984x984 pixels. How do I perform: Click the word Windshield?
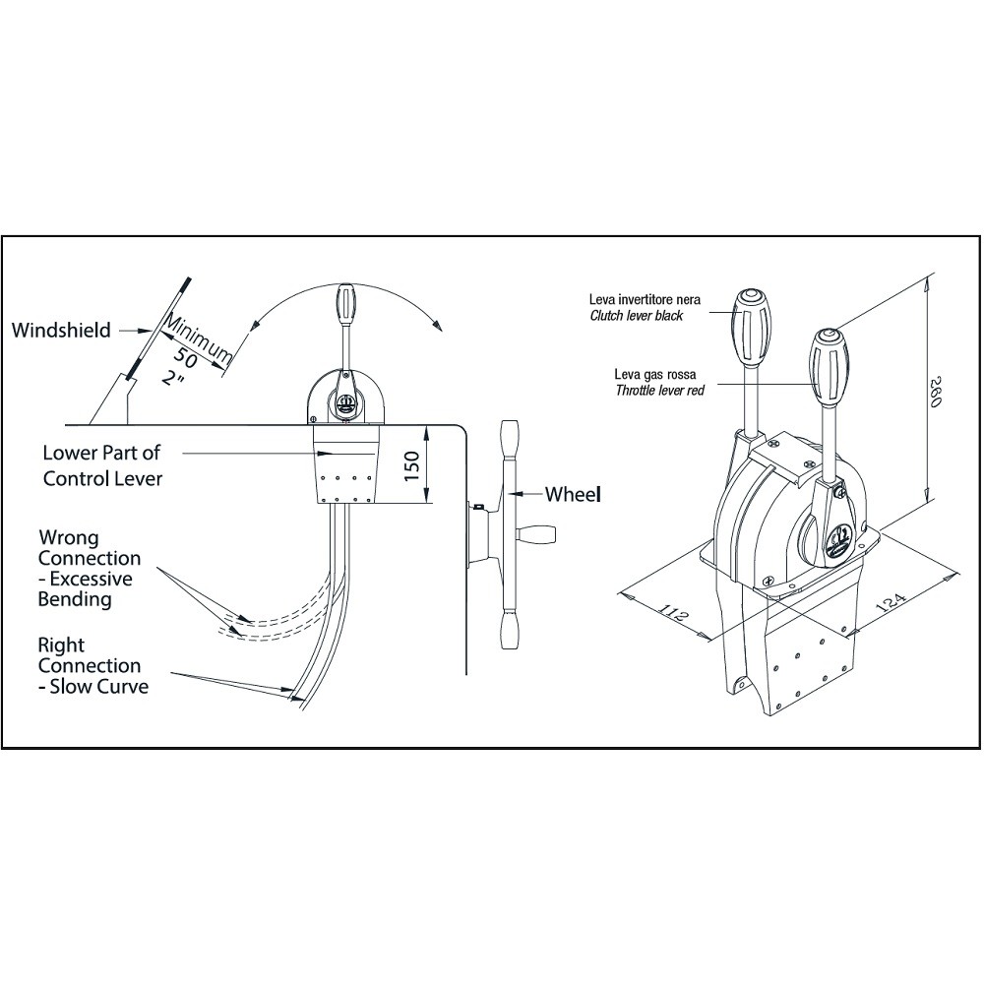(x=61, y=330)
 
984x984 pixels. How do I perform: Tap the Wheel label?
(x=573, y=495)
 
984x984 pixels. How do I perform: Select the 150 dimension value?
(x=411, y=466)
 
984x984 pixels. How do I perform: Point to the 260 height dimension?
(x=935, y=392)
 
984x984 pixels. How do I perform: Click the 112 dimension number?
(x=674, y=613)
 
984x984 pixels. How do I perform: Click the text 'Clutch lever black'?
(x=637, y=316)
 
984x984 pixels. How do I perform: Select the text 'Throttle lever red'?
(x=659, y=391)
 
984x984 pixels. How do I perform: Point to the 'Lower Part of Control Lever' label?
(x=102, y=465)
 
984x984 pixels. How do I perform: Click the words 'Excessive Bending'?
(x=86, y=588)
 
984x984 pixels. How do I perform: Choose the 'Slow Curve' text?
(x=99, y=686)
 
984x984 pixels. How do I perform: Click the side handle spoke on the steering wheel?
(x=536, y=534)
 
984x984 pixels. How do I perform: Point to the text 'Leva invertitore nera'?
(x=645, y=300)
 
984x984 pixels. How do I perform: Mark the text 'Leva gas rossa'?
(x=654, y=375)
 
